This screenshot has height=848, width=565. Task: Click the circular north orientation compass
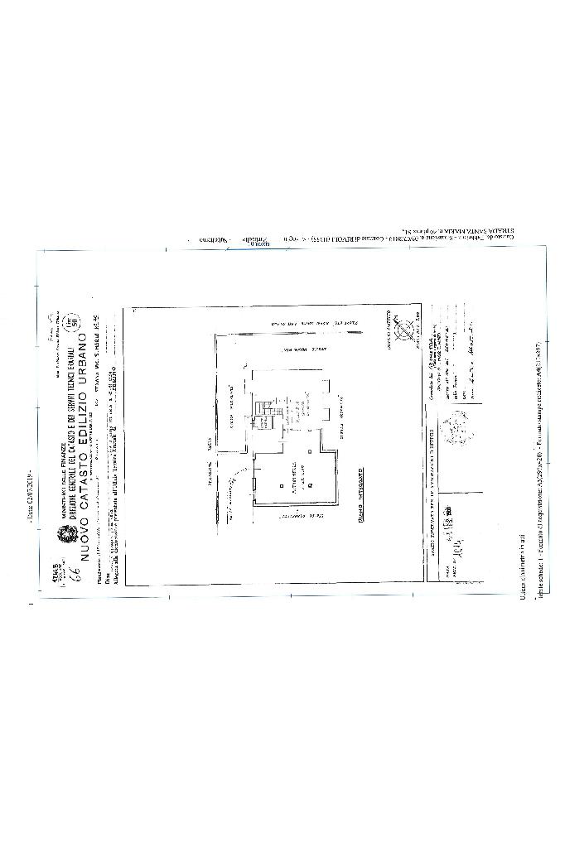[404, 333]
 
